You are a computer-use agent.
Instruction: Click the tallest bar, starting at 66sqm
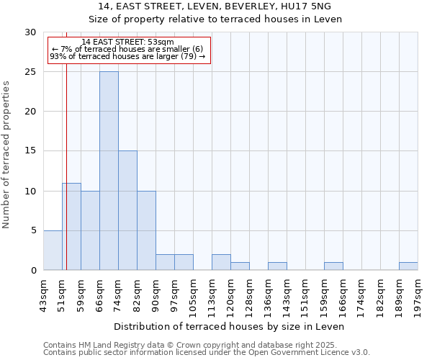click(x=109, y=171)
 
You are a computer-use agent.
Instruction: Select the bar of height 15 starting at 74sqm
click(x=127, y=210)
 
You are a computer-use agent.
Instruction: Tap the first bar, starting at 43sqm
click(x=53, y=250)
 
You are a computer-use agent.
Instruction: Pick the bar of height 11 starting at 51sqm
click(x=71, y=226)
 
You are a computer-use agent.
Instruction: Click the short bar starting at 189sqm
click(x=408, y=266)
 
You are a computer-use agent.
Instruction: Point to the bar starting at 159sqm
click(x=333, y=266)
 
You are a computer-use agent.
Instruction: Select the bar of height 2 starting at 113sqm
click(x=221, y=262)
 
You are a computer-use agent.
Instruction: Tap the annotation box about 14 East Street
click(x=128, y=50)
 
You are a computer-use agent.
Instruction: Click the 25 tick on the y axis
click(x=30, y=72)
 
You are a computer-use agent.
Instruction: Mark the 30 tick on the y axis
click(x=30, y=32)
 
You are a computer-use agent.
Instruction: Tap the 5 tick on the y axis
click(x=33, y=230)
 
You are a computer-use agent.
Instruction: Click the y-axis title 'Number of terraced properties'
click(x=7, y=155)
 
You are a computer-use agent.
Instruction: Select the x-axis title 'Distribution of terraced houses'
click(x=230, y=326)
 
